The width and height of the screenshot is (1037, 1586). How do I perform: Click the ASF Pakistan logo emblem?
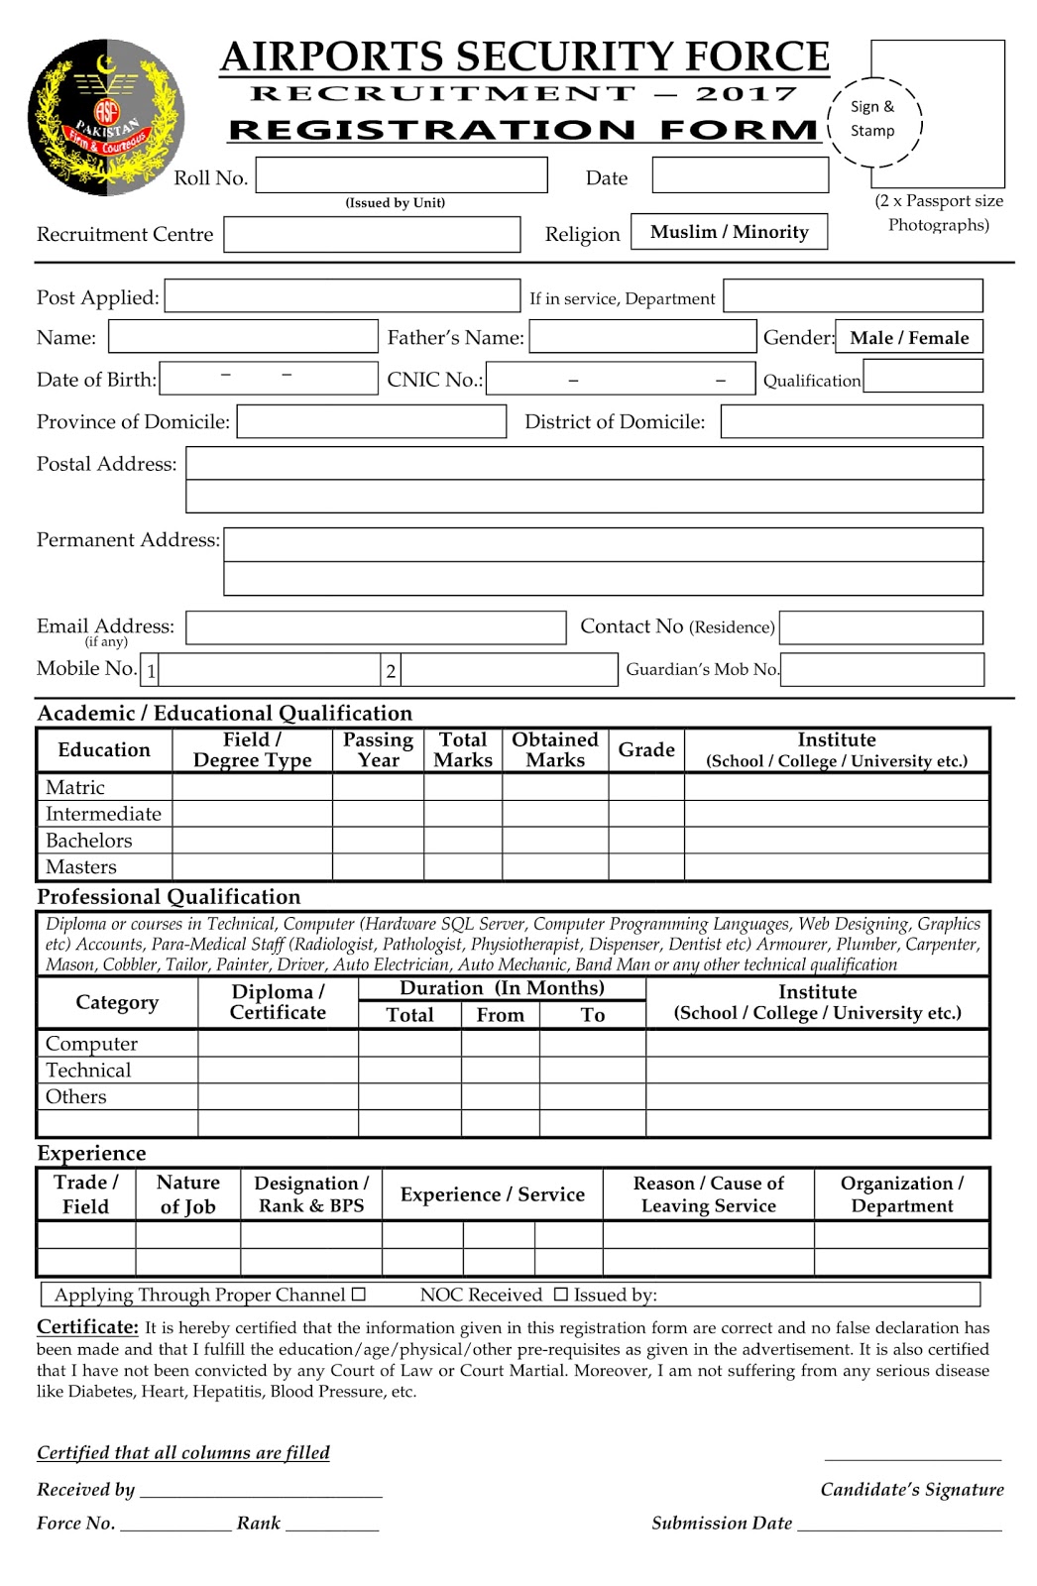point(105,117)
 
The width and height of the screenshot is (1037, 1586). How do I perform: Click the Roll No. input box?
point(402,176)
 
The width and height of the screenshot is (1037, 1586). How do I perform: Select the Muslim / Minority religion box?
point(729,232)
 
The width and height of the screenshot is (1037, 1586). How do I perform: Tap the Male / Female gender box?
point(909,337)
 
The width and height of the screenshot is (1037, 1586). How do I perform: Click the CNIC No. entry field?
point(620,379)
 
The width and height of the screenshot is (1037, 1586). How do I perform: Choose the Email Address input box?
point(376,627)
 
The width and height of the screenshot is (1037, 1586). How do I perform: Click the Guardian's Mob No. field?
point(882,669)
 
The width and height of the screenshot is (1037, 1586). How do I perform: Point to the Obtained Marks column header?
point(555,750)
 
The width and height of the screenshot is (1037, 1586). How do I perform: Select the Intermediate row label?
point(103,814)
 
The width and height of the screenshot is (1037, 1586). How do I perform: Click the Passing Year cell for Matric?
point(378,787)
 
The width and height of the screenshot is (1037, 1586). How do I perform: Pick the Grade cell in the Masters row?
point(645,867)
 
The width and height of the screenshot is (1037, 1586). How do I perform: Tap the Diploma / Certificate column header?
point(278,1002)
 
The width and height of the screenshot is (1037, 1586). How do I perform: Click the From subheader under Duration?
point(500,1015)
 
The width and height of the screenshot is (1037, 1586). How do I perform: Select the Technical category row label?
point(88,1071)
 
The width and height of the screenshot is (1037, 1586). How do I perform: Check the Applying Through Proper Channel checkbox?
point(359,1295)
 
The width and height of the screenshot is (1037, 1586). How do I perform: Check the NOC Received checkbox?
point(561,1295)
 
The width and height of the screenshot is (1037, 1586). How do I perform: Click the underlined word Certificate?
point(87,1327)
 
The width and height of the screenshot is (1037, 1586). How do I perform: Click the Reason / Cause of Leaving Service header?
point(708,1194)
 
